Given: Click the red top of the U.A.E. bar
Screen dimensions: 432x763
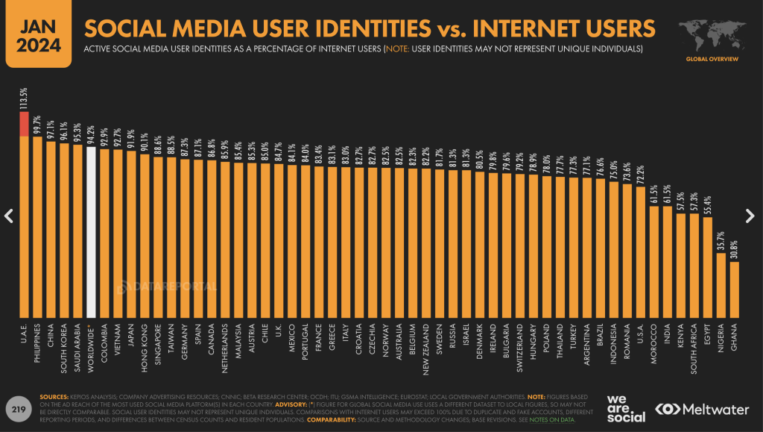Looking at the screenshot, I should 24,124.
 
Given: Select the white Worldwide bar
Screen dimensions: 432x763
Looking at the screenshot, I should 91,231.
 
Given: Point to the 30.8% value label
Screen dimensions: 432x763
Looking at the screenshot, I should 734,246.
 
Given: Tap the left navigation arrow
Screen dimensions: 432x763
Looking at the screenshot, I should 9,216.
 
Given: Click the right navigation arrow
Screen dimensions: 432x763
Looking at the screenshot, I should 750,216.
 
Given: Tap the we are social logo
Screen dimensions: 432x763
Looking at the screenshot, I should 625,409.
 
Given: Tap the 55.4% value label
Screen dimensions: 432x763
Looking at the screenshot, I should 707,201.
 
